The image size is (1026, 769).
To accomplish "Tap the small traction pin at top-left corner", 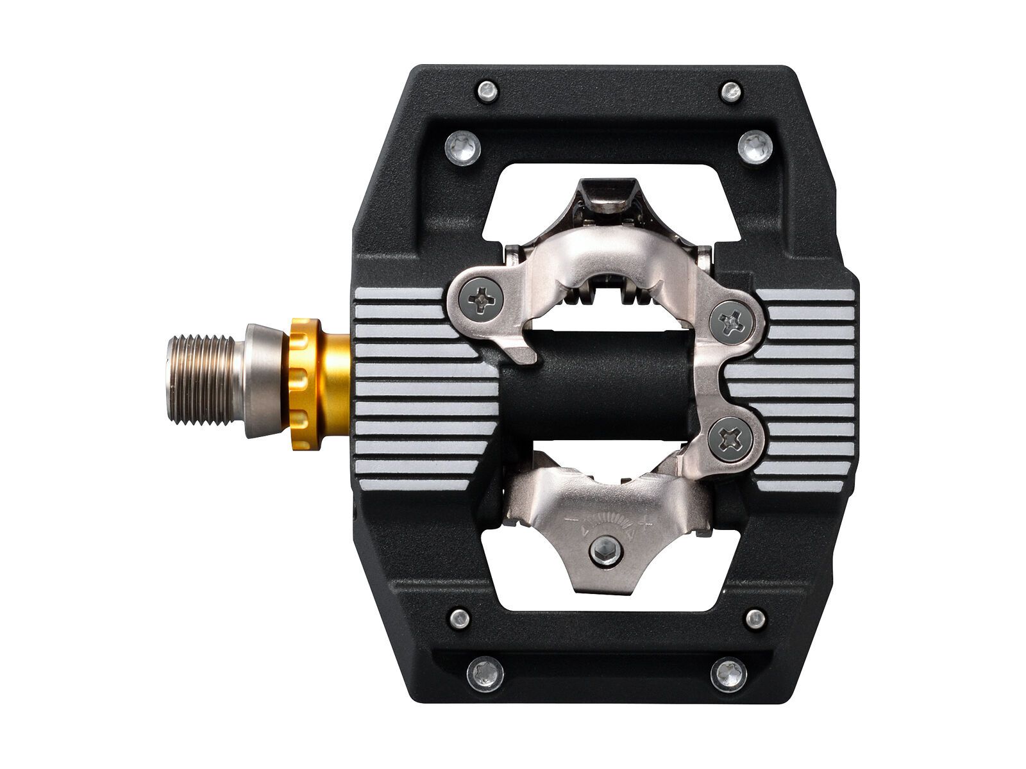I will coord(488,90).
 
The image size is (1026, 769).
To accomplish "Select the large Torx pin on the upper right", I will coord(755,147).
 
